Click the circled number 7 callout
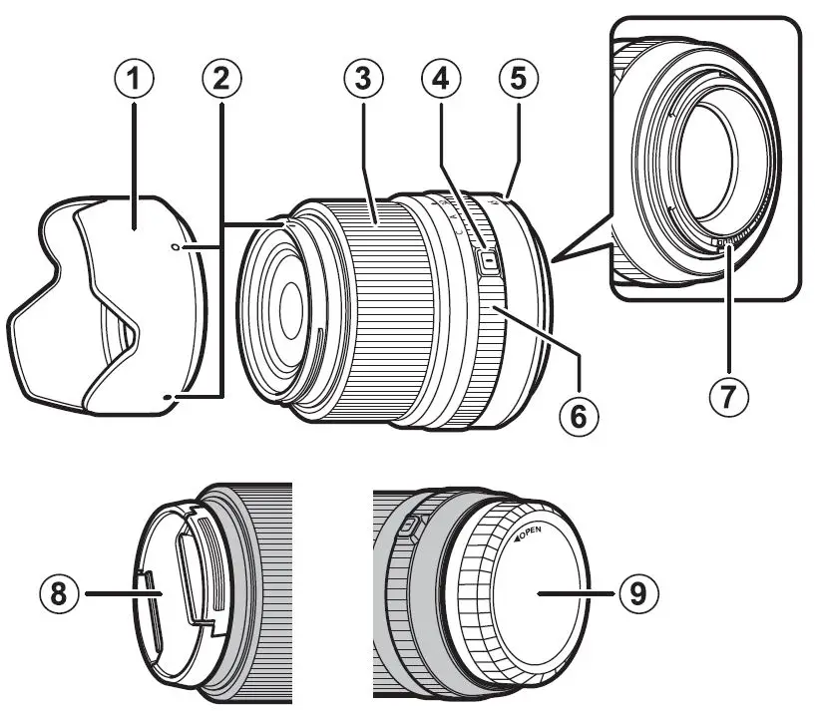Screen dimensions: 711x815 (728, 395)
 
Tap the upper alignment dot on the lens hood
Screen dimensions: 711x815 (176, 245)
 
